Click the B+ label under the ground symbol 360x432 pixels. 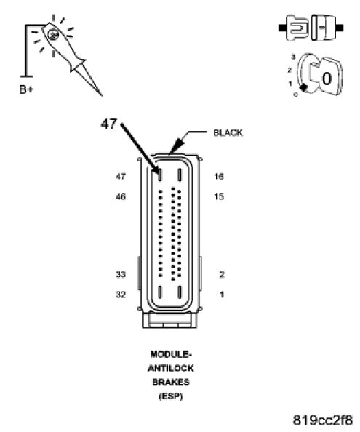pyautogui.click(x=26, y=89)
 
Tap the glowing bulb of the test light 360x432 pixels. pyautogui.click(x=52, y=34)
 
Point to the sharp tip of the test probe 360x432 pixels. pyautogui.click(x=102, y=95)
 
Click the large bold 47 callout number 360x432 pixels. pyautogui.click(x=109, y=124)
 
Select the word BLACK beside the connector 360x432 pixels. pyautogui.click(x=228, y=133)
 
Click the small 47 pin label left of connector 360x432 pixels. pyautogui.click(x=121, y=176)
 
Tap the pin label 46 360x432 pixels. pyautogui.click(x=121, y=196)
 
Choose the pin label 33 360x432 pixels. pyautogui.click(x=121, y=274)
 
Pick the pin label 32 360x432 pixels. pyautogui.click(x=121, y=295)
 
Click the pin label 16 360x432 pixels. pyautogui.click(x=219, y=176)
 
